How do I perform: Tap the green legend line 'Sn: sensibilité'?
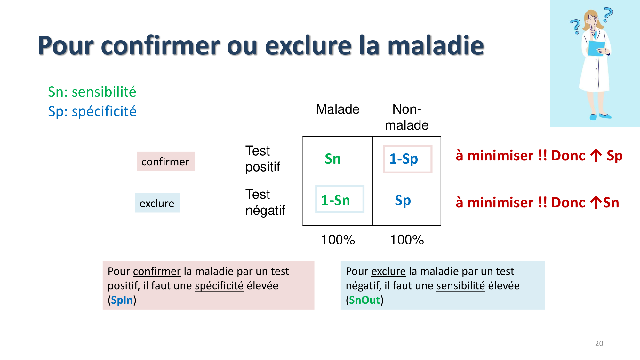coord(92,92)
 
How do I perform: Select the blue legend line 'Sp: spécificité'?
coord(92,111)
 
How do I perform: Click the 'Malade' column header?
coord(338,109)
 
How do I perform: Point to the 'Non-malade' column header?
coord(406,117)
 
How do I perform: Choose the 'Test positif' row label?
coord(262,159)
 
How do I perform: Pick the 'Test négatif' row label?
coord(265,202)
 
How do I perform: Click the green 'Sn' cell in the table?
coord(332,159)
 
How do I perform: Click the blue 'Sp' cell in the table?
coord(403,201)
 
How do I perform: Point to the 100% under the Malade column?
coord(338,240)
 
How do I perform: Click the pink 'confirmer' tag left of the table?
coord(165,162)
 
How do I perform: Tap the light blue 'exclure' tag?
coord(157,203)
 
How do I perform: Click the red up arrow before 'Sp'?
coord(596,156)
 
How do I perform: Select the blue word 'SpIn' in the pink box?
coord(122,300)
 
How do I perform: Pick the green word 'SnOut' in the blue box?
coord(364,300)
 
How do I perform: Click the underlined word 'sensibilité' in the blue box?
coord(460,285)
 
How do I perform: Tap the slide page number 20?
coord(599,343)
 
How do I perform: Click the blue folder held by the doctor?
coord(596,48)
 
